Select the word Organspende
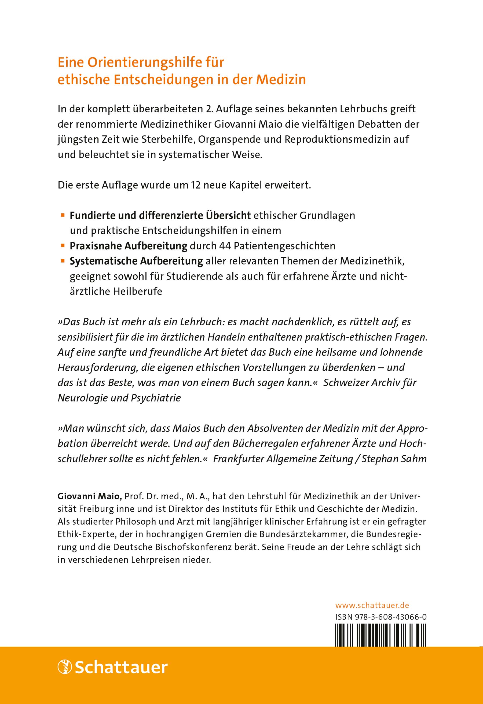pos(239,139)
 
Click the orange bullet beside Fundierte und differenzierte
pos(63,215)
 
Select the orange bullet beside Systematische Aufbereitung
pos(63,260)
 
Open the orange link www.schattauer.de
pos(372,605)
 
